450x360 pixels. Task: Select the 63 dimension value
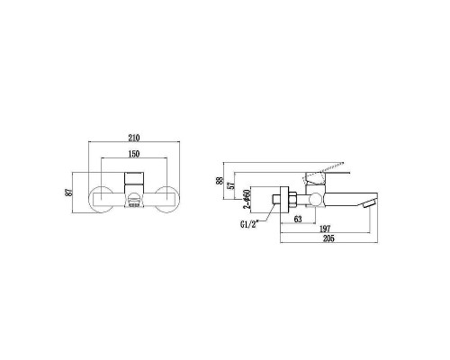tap(298, 219)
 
